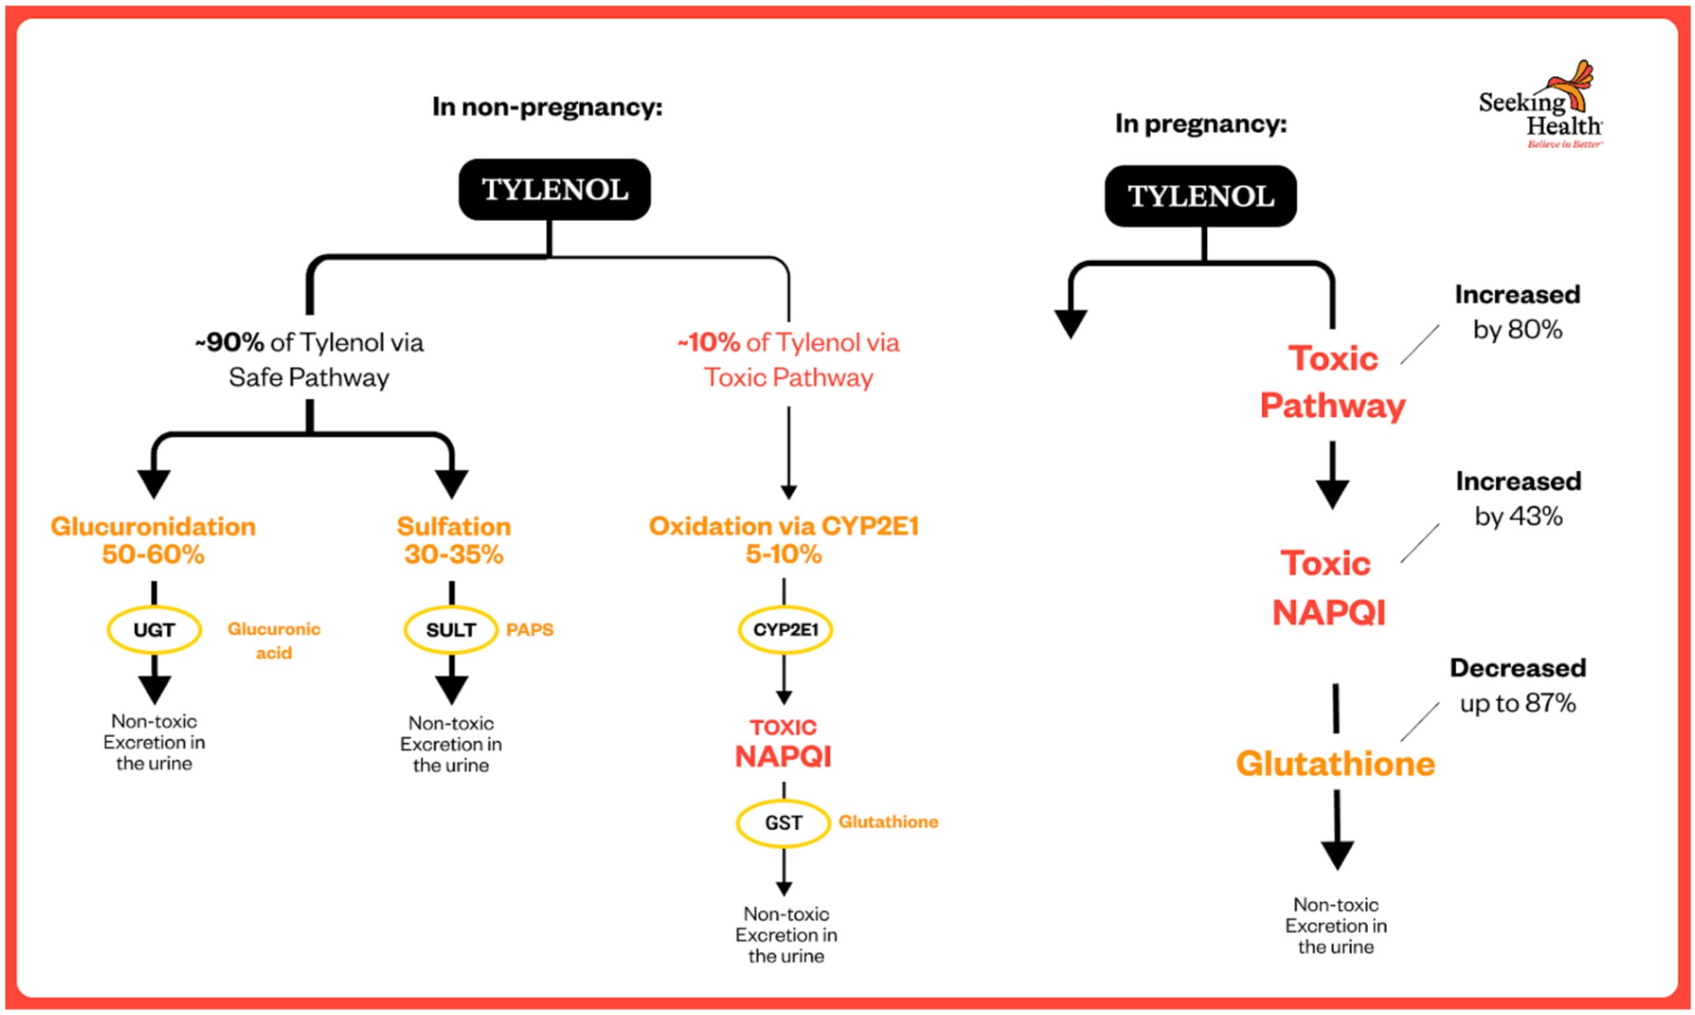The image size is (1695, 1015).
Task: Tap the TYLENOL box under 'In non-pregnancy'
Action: coord(554,189)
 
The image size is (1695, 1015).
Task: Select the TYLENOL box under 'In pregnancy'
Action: coord(1200,196)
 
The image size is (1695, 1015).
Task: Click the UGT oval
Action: coord(154,630)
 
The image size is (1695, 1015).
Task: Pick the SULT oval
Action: coord(451,630)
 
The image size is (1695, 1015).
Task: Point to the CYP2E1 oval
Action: coord(785,630)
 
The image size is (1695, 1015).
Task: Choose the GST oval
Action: coord(783,823)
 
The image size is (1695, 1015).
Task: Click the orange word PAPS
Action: coord(529,630)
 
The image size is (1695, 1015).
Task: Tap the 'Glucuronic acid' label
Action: coord(273,640)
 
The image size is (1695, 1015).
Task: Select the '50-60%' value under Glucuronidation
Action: coord(153,554)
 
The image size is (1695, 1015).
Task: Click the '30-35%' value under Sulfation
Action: coord(454,554)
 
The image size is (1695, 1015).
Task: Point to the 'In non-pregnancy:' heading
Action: coord(547,107)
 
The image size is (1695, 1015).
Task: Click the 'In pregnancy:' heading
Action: coord(1200,124)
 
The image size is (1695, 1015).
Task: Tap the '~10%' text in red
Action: coord(708,342)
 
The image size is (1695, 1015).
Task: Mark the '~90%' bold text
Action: coord(229,342)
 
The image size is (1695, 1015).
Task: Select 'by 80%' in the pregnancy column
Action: coord(1518,330)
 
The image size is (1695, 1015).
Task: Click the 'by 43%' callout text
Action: coord(1518,516)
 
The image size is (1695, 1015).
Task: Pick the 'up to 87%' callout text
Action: coord(1518,703)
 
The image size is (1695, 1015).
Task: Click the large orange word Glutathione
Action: coord(1335,764)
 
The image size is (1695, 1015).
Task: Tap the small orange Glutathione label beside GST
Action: coord(888,822)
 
